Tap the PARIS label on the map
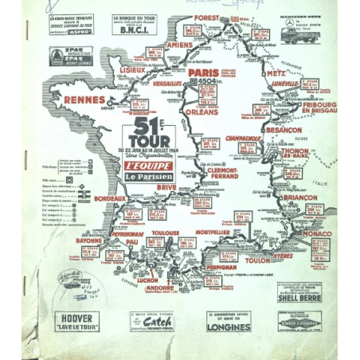(x=204, y=72)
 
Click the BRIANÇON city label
(x=300, y=198)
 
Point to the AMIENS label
(x=182, y=45)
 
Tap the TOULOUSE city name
(x=164, y=232)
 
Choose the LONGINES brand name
(x=229, y=324)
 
